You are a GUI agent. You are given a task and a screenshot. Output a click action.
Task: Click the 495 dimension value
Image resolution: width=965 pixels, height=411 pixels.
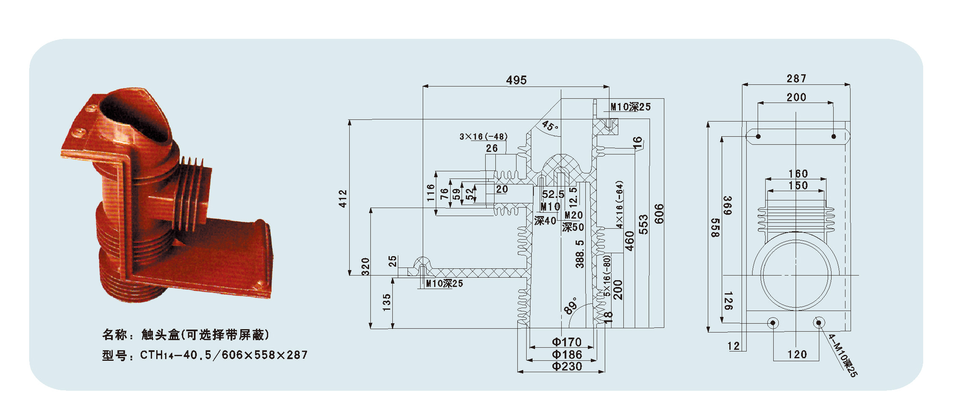point(516,80)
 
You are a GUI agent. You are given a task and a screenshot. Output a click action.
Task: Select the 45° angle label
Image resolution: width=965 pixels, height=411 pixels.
point(550,126)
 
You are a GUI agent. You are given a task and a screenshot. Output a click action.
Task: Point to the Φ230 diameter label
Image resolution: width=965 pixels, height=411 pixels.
point(567,366)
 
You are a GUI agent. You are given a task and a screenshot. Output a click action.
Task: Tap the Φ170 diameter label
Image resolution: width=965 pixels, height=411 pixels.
point(567,342)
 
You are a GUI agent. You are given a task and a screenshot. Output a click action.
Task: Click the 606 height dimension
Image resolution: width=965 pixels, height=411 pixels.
point(659,214)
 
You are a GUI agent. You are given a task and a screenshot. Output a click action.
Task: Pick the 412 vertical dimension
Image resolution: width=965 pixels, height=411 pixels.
point(343,198)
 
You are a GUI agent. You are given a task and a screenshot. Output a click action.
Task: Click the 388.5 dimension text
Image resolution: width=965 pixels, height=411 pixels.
point(580,254)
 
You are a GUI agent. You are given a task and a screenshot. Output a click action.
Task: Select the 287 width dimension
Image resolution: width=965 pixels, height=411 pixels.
point(796,78)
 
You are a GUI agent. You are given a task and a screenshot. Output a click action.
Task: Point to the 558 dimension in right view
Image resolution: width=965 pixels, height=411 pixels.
point(715,228)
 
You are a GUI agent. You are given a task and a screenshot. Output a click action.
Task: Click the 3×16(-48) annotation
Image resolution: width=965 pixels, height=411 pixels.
point(484,137)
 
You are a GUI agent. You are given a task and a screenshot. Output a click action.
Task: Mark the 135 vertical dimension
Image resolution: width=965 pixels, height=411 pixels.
point(386,303)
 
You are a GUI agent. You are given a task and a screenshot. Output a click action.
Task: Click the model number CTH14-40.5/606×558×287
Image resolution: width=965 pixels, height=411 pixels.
point(224,355)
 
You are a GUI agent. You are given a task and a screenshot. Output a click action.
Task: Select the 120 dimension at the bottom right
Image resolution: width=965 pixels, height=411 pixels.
point(797,354)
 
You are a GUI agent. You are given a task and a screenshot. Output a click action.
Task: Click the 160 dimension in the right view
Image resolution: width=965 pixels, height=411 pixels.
point(798,173)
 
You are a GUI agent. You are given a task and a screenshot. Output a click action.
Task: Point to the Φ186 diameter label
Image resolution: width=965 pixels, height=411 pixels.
point(567,354)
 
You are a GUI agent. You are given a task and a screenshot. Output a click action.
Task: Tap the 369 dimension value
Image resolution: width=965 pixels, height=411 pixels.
point(727,205)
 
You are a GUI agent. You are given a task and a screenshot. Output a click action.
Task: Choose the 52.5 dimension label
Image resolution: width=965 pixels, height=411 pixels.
point(553,194)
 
